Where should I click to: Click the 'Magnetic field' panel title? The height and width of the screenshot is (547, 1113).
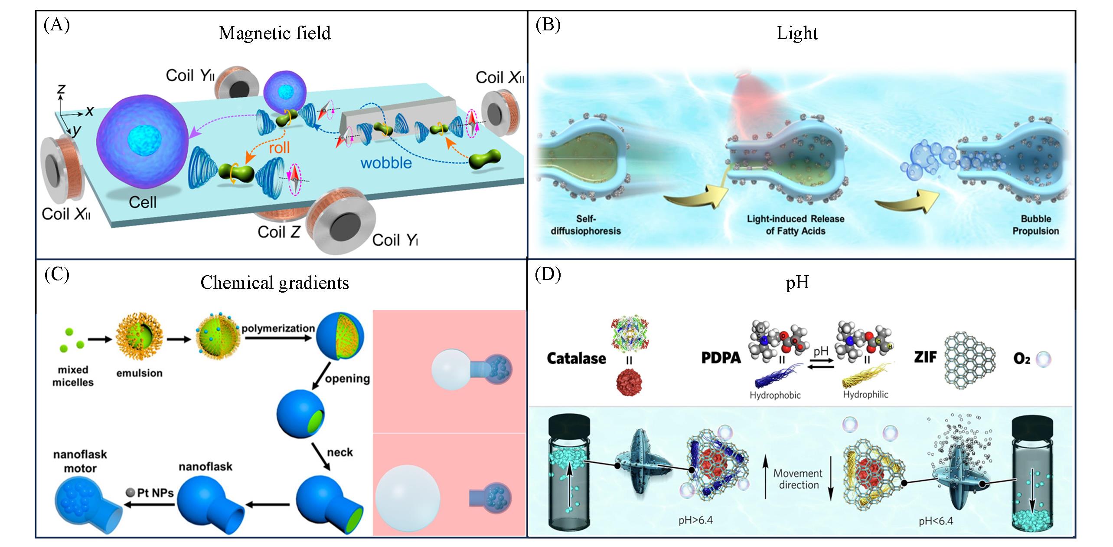(x=274, y=33)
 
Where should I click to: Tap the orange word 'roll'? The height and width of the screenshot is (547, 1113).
(x=279, y=148)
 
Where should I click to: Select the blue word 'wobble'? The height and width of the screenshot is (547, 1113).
(x=386, y=163)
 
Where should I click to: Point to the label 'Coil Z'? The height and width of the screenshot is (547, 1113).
(x=279, y=232)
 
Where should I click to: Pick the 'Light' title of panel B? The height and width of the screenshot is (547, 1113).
(x=797, y=33)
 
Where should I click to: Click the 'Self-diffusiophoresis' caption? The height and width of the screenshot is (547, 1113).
(x=585, y=225)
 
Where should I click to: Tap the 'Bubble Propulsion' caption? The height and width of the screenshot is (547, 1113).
(x=1035, y=225)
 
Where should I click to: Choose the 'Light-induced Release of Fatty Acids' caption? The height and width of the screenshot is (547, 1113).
(x=795, y=225)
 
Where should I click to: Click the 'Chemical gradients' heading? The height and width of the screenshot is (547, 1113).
(x=274, y=283)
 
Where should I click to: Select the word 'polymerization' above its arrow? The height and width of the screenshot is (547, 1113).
(x=278, y=328)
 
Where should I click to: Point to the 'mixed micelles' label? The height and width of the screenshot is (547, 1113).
(x=73, y=376)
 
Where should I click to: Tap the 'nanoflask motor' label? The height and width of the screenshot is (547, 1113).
(x=80, y=461)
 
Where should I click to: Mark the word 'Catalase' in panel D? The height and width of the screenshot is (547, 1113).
(x=576, y=359)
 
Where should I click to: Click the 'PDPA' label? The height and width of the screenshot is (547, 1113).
(x=721, y=359)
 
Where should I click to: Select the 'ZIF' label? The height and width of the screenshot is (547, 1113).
(x=925, y=358)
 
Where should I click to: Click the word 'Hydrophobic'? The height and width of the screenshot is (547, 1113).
(x=775, y=395)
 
